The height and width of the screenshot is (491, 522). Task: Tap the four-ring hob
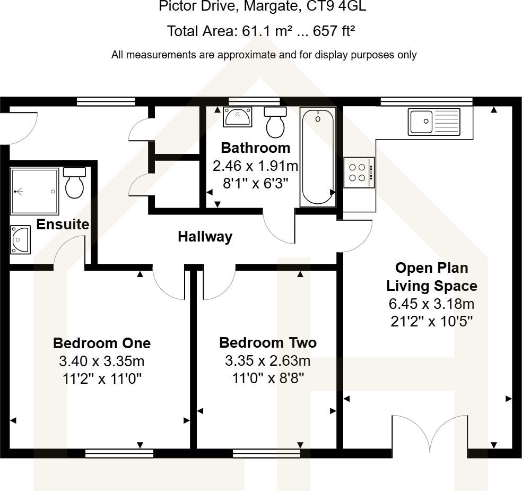pos(359,173)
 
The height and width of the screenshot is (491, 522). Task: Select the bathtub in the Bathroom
pos(318,157)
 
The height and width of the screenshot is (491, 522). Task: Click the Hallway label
pos(205,237)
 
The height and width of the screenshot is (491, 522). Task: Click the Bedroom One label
pos(101,343)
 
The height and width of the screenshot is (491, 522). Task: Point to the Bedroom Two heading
pos(267,343)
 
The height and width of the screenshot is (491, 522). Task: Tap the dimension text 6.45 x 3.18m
pos(430,304)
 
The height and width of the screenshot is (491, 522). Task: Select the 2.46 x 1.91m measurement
pos(255,166)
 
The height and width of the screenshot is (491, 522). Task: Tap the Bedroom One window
pos(119,453)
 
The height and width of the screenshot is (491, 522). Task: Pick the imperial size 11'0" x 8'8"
pos(267,378)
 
